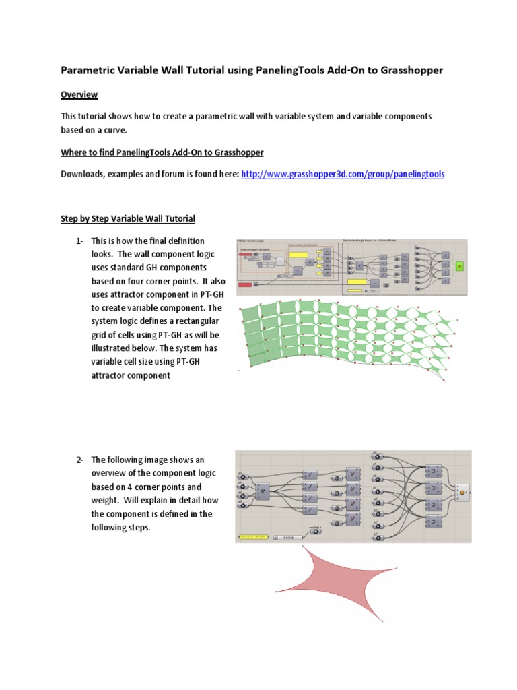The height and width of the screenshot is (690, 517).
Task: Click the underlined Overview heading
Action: [79, 94]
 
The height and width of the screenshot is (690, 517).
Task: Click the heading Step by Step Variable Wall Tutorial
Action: [128, 218]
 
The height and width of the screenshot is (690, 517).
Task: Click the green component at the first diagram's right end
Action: [460, 266]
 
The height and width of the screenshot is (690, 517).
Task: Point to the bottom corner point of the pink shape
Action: [382, 620]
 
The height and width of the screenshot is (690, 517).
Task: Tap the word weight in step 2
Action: [104, 500]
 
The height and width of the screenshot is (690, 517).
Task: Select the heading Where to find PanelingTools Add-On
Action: [162, 152]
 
